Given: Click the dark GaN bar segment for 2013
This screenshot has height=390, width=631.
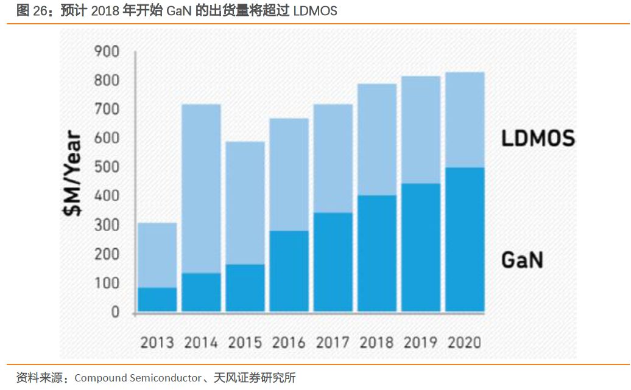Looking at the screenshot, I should click(x=157, y=299).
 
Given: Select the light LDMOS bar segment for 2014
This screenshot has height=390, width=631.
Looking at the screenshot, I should click(x=201, y=189).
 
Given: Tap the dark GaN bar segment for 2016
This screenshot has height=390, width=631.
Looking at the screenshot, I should click(x=289, y=271).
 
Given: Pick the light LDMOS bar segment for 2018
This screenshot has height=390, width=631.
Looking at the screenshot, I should click(x=376, y=139).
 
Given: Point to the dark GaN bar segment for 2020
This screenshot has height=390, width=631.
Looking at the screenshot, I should click(x=465, y=239).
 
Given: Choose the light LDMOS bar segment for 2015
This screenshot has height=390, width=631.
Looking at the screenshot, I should click(x=245, y=203).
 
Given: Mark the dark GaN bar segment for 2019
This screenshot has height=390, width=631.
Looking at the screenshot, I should click(x=420, y=248).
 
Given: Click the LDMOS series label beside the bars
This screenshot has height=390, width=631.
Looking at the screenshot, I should click(x=538, y=139).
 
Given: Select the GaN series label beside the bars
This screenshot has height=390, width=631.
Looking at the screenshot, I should click(x=522, y=260).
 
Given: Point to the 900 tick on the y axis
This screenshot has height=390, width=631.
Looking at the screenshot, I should click(x=107, y=52).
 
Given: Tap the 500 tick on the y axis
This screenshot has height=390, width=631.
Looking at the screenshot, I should click(x=107, y=167).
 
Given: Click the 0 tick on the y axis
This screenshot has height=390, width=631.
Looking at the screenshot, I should click(x=115, y=312).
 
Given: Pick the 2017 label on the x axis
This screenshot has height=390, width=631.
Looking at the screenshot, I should click(x=333, y=342).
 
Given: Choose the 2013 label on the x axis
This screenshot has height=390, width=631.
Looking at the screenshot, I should click(x=157, y=342).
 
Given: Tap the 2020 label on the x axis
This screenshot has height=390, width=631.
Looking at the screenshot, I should click(x=464, y=342).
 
